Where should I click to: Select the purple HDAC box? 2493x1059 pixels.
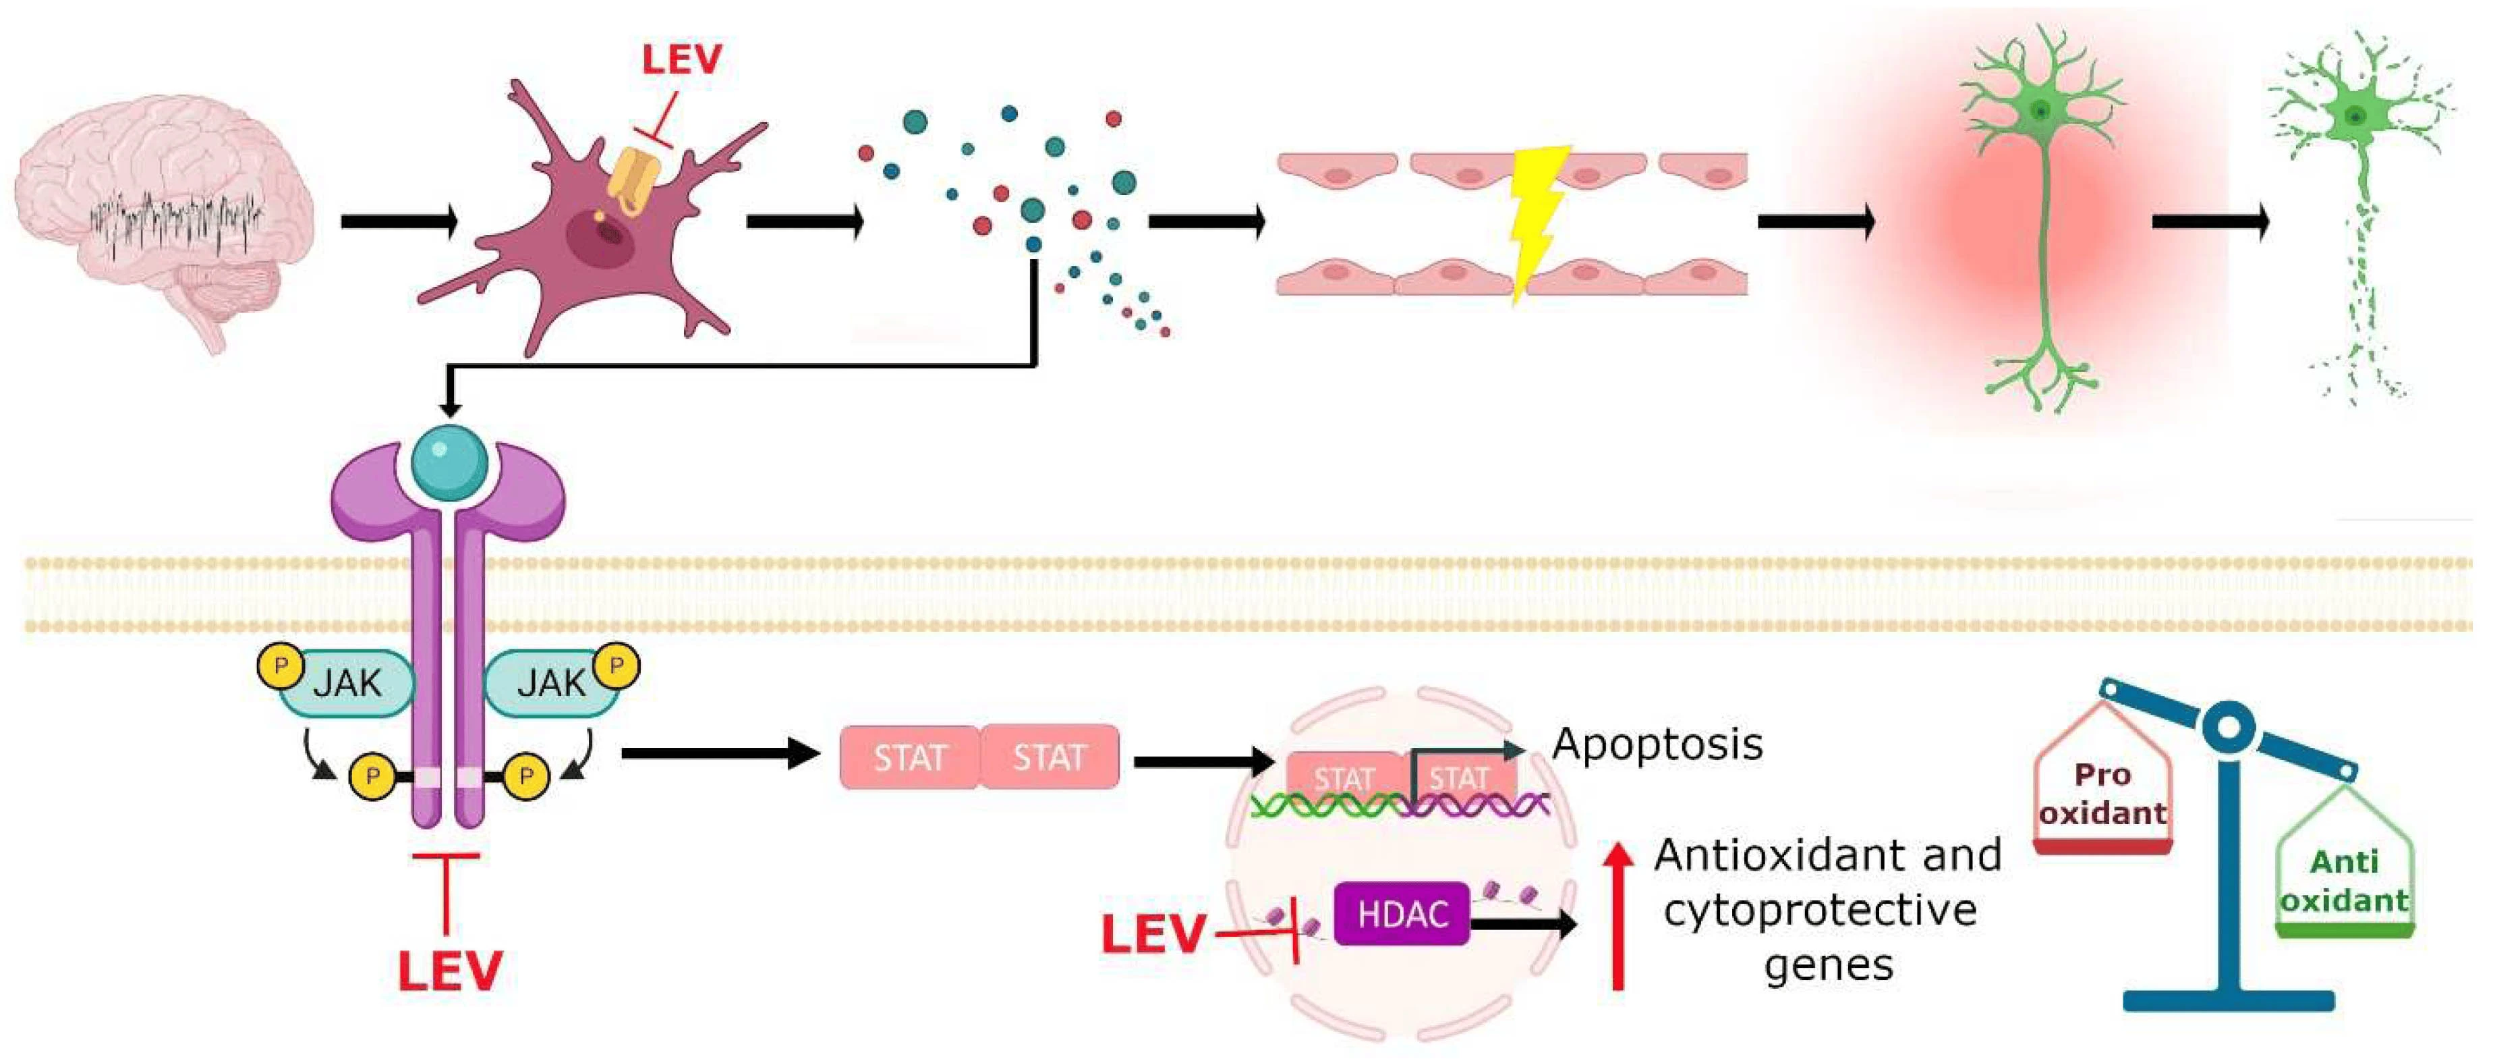click(1402, 913)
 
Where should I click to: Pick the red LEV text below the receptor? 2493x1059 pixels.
click(450, 971)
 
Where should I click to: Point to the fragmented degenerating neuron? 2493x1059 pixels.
click(2361, 213)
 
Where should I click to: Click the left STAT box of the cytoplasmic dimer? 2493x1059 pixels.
click(910, 757)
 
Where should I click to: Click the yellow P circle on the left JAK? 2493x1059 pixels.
click(281, 666)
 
